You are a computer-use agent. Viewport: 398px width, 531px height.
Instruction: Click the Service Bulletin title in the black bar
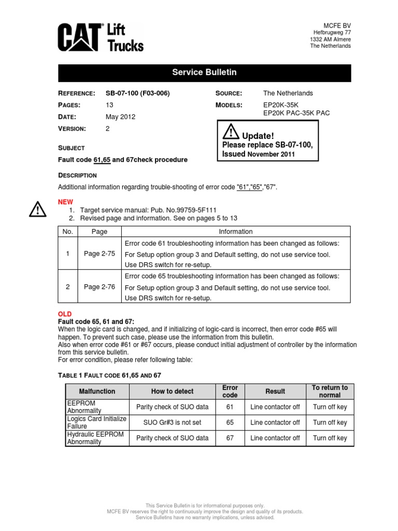tap(204, 73)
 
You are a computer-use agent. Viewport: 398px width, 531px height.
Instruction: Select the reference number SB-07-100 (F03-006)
tap(137, 93)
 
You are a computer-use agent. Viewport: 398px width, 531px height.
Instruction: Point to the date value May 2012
tap(120, 117)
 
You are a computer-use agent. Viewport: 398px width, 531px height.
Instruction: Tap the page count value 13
tap(109, 105)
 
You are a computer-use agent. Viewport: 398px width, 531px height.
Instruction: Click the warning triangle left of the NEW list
tap(37, 209)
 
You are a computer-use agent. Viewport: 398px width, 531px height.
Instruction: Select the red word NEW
tap(66, 202)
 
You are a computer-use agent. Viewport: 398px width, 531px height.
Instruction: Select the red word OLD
tap(65, 315)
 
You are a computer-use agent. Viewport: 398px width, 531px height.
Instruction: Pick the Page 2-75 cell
tap(99, 254)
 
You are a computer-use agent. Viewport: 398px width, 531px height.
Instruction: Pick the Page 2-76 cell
tap(99, 287)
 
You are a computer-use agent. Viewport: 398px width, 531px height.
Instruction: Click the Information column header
tap(236, 232)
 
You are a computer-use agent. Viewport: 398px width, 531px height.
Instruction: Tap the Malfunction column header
tap(96, 392)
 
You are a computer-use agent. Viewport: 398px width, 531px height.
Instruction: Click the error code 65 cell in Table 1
tap(230, 423)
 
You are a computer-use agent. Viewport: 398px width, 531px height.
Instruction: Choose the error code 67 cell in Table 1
tap(230, 438)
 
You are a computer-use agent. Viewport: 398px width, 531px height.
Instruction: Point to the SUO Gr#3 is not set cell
tap(172, 423)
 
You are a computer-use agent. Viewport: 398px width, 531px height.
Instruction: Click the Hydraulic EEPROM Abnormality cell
tap(96, 438)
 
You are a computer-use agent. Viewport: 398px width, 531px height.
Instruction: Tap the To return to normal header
tap(330, 392)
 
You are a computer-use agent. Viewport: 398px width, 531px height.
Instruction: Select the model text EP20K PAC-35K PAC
tap(297, 113)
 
